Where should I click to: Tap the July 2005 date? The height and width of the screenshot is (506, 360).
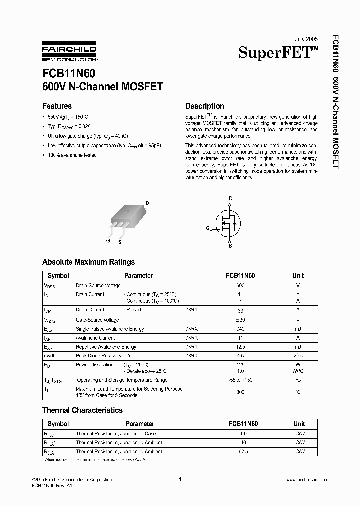click(x=306, y=38)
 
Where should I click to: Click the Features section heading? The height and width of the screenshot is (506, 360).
click(x=57, y=106)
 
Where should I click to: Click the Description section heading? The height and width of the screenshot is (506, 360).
click(x=204, y=106)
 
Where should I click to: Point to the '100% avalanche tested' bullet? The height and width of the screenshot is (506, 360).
click(x=72, y=155)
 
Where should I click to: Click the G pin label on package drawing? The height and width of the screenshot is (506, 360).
click(x=108, y=240)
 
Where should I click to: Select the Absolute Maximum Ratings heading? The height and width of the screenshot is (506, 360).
click(x=88, y=262)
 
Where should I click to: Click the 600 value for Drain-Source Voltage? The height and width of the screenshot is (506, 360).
click(x=240, y=285)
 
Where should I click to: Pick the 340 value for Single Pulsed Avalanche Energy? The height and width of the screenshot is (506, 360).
click(x=240, y=329)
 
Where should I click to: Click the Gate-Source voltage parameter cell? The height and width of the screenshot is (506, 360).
click(x=97, y=320)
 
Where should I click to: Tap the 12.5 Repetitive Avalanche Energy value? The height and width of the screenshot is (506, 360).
click(x=240, y=347)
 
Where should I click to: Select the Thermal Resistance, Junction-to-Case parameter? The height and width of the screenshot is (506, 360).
click(x=115, y=434)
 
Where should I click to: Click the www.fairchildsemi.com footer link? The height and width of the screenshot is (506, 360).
click(x=307, y=480)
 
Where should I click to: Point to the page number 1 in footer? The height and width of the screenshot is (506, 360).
click(x=179, y=480)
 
